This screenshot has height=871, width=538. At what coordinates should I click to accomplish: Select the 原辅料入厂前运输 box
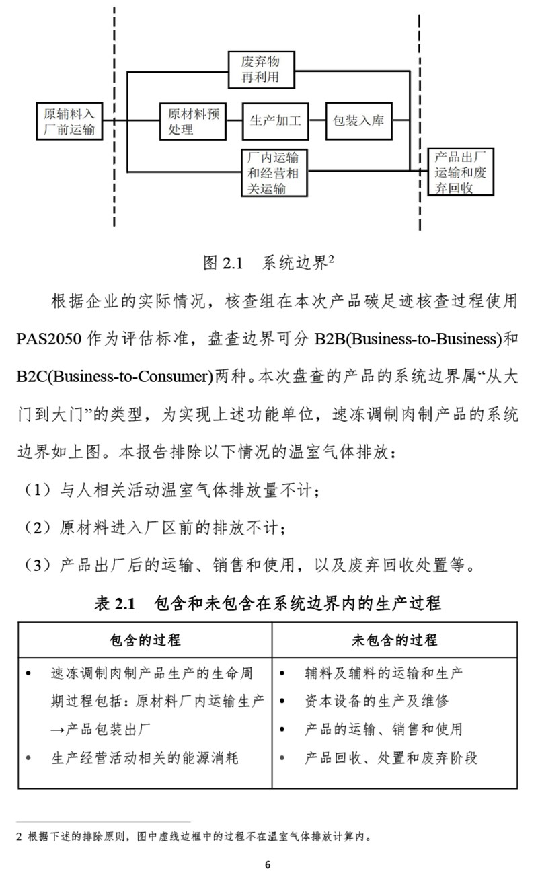coord(70,121)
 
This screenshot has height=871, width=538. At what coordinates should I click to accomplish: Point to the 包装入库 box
coord(358,121)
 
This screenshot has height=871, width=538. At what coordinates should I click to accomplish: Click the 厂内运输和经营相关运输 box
coord(274,173)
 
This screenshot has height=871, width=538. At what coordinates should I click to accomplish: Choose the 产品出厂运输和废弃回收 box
coord(461,172)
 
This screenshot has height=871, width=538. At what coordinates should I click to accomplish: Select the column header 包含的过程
coord(145,640)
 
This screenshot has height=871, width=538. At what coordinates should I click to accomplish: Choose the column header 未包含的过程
coord(394,640)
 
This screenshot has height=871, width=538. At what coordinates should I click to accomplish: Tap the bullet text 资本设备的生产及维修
coord(376,701)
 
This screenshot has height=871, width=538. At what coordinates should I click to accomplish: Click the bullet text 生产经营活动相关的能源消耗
coord(145,758)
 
